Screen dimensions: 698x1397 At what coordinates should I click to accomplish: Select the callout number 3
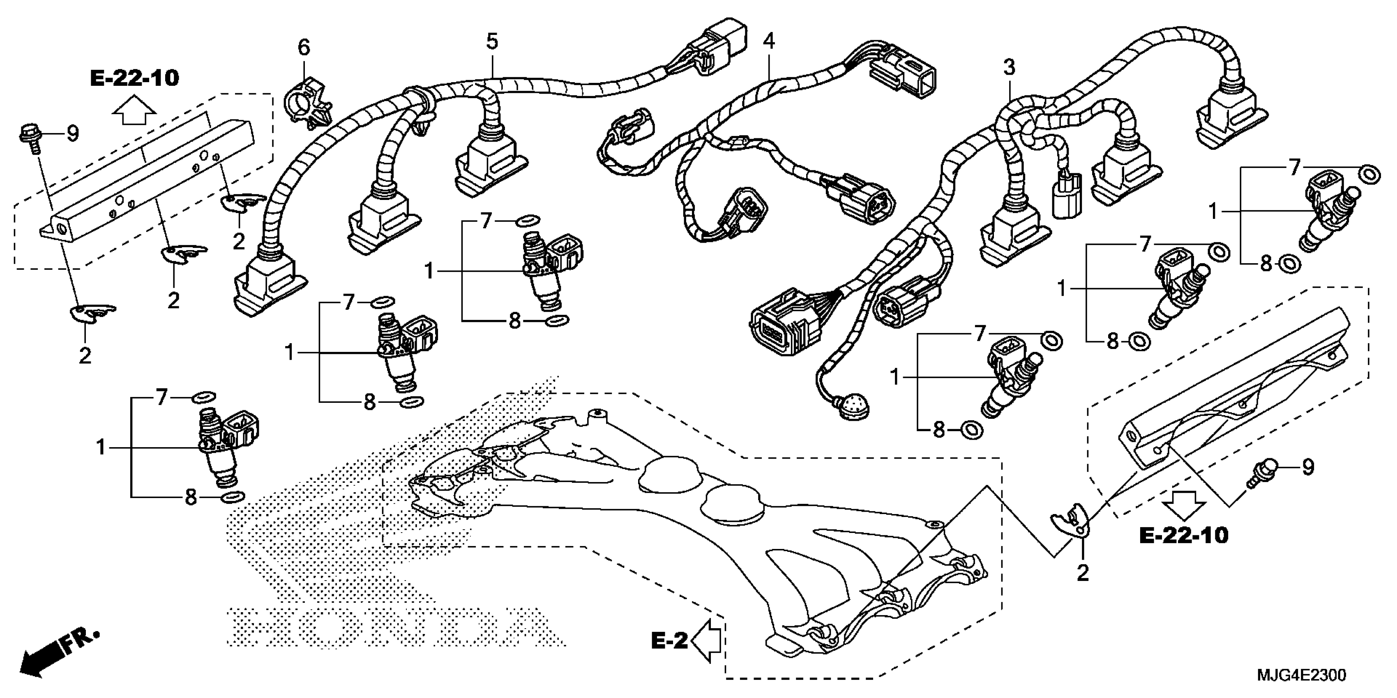click(x=1008, y=68)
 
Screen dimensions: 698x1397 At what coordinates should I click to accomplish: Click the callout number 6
click(x=304, y=48)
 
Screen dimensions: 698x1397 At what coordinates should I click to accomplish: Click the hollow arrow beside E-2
click(x=706, y=642)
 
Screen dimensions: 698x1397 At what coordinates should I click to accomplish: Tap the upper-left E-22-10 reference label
click(x=134, y=78)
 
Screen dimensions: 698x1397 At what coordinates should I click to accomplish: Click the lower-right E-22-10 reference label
click(x=1184, y=535)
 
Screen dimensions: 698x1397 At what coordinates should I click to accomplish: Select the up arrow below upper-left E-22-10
click(x=134, y=111)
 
